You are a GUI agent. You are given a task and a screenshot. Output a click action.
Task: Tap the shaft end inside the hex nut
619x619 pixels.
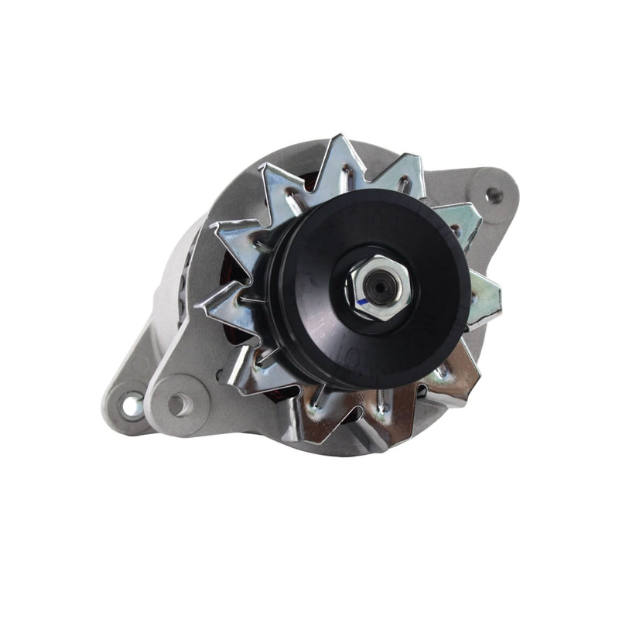point(378,287)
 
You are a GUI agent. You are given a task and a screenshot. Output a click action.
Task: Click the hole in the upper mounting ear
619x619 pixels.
point(493,194)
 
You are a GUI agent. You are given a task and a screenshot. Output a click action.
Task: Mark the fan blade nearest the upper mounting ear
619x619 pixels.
point(461,221)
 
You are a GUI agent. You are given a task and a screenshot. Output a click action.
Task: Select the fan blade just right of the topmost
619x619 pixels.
point(402,174)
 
